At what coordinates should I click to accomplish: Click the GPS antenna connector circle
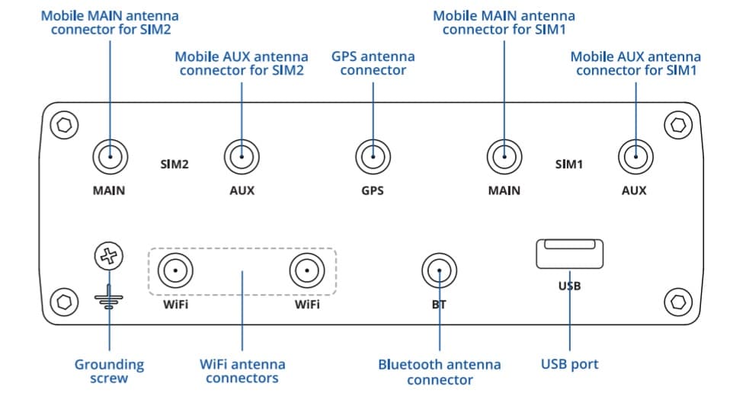(x=373, y=158)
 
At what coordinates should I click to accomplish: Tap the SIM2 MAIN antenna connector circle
(x=110, y=158)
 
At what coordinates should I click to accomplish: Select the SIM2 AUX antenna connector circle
(x=242, y=158)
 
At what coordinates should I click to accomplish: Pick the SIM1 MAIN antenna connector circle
(x=504, y=158)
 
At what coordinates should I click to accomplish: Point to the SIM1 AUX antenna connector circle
(x=634, y=158)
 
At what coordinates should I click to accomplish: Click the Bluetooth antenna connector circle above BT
(x=439, y=272)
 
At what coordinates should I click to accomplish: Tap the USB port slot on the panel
(x=569, y=254)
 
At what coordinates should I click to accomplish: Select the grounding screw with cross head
(x=110, y=257)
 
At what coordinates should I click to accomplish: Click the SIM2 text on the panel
(x=174, y=164)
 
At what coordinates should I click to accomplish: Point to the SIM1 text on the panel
(x=568, y=164)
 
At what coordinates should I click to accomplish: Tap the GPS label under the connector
(x=373, y=190)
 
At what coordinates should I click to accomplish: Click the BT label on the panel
(x=439, y=305)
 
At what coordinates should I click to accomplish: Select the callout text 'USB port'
(x=569, y=364)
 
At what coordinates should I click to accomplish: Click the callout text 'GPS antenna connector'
(x=373, y=63)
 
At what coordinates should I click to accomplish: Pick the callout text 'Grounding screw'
(x=109, y=371)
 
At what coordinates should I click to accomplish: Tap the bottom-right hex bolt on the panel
(x=677, y=302)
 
